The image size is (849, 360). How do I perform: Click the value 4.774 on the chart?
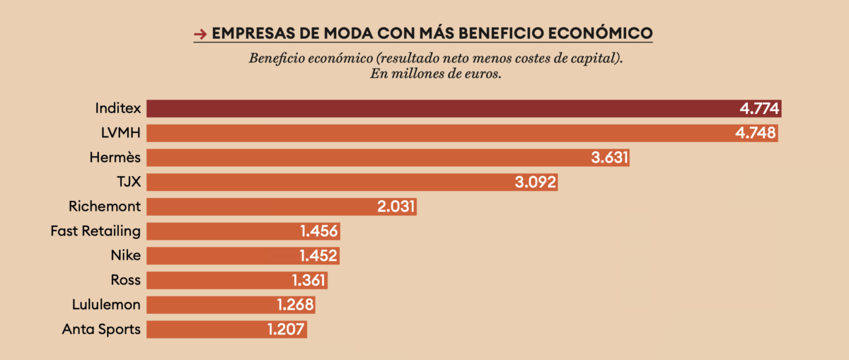(x=759, y=109)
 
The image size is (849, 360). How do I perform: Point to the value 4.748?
(x=756, y=133)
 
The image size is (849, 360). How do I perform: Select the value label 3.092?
(x=536, y=182)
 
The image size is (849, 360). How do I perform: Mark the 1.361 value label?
(x=308, y=280)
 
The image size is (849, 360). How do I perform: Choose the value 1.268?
(x=295, y=305)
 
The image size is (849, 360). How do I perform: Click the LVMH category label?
(x=121, y=133)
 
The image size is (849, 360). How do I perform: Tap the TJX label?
(x=129, y=182)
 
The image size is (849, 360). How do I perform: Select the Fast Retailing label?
(x=96, y=231)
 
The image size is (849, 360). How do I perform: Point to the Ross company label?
(x=126, y=280)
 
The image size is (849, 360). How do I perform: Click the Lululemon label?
(x=106, y=305)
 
